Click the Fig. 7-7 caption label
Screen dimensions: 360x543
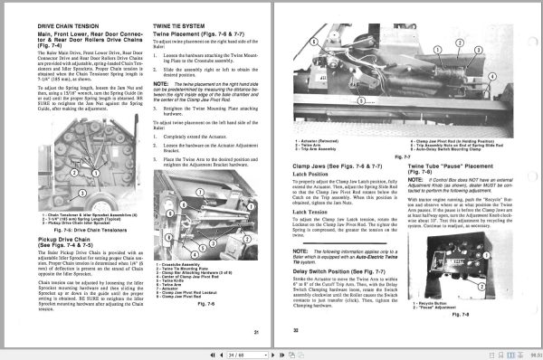coord(494,159)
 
